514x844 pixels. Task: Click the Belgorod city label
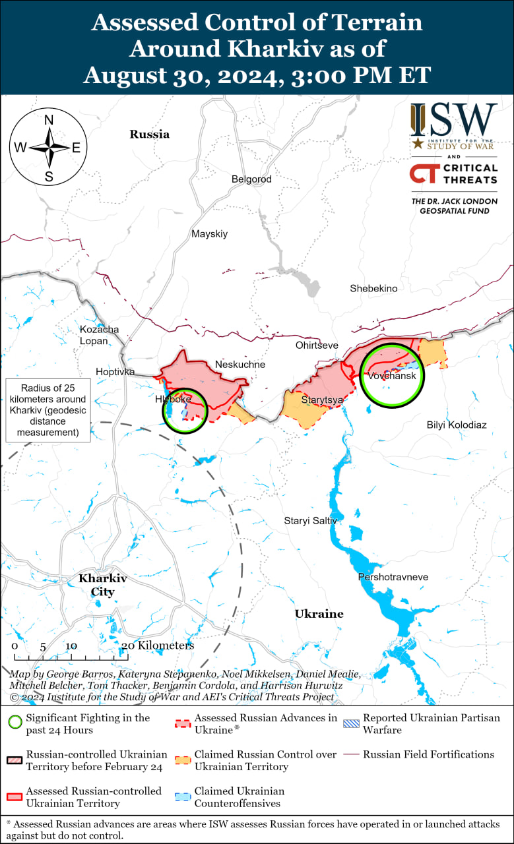pyautogui.click(x=251, y=179)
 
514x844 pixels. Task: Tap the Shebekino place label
pyautogui.click(x=373, y=288)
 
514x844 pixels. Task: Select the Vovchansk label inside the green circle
pyautogui.click(x=392, y=375)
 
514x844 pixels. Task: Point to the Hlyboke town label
pyautogui.click(x=172, y=399)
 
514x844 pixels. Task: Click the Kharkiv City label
pyautogui.click(x=102, y=585)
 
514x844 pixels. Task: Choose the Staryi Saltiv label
pyautogui.click(x=310, y=520)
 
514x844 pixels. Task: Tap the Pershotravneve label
pyautogui.click(x=393, y=577)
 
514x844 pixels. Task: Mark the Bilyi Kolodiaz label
pyautogui.click(x=457, y=425)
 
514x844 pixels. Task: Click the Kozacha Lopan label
pyautogui.click(x=99, y=335)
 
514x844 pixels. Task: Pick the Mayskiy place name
pyautogui.click(x=209, y=233)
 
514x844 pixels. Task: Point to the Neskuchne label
pyautogui.click(x=240, y=364)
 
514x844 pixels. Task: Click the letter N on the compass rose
pyautogui.click(x=48, y=120)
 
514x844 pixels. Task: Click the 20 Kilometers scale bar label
pyautogui.click(x=158, y=646)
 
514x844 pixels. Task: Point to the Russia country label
pyautogui.click(x=149, y=134)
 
